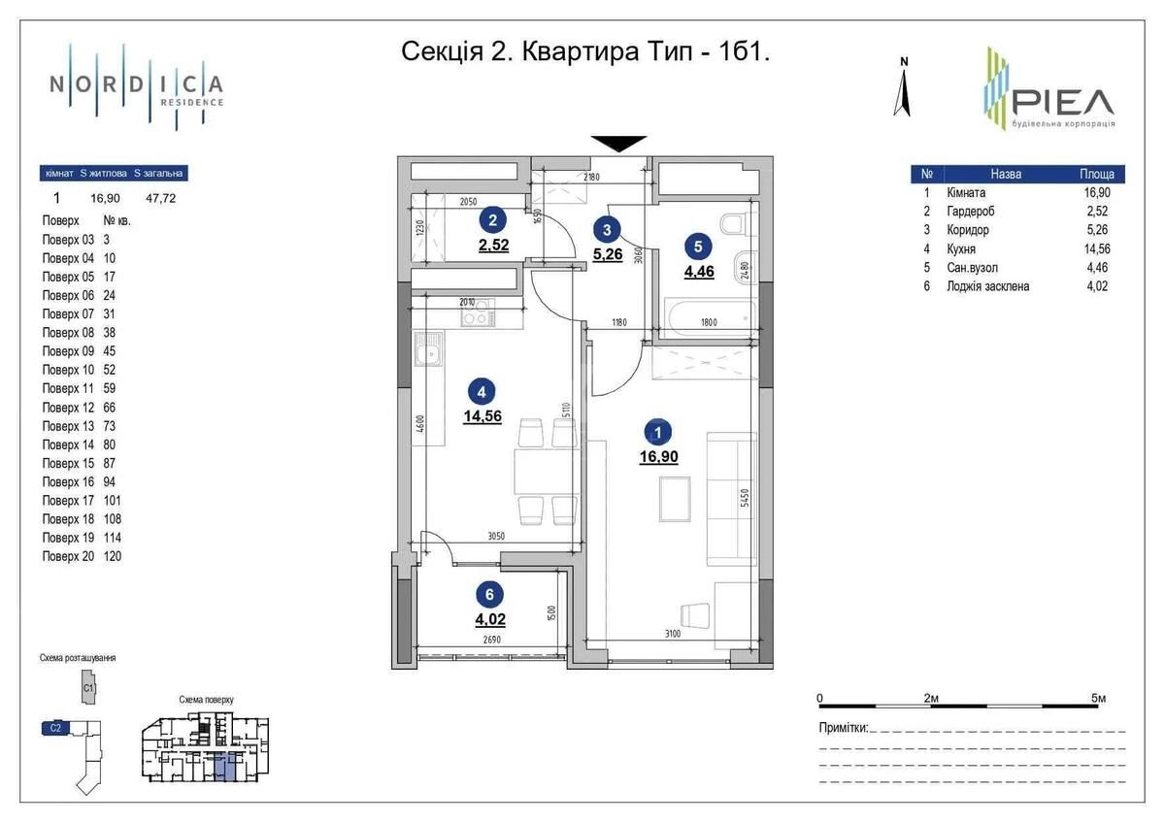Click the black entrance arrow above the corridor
619,143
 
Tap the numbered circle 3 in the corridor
607,230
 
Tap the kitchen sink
426,352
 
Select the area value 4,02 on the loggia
491,616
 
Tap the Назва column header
1005,175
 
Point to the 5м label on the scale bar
1098,698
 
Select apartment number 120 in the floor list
112,556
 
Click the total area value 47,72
160,198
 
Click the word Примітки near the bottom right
842,728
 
